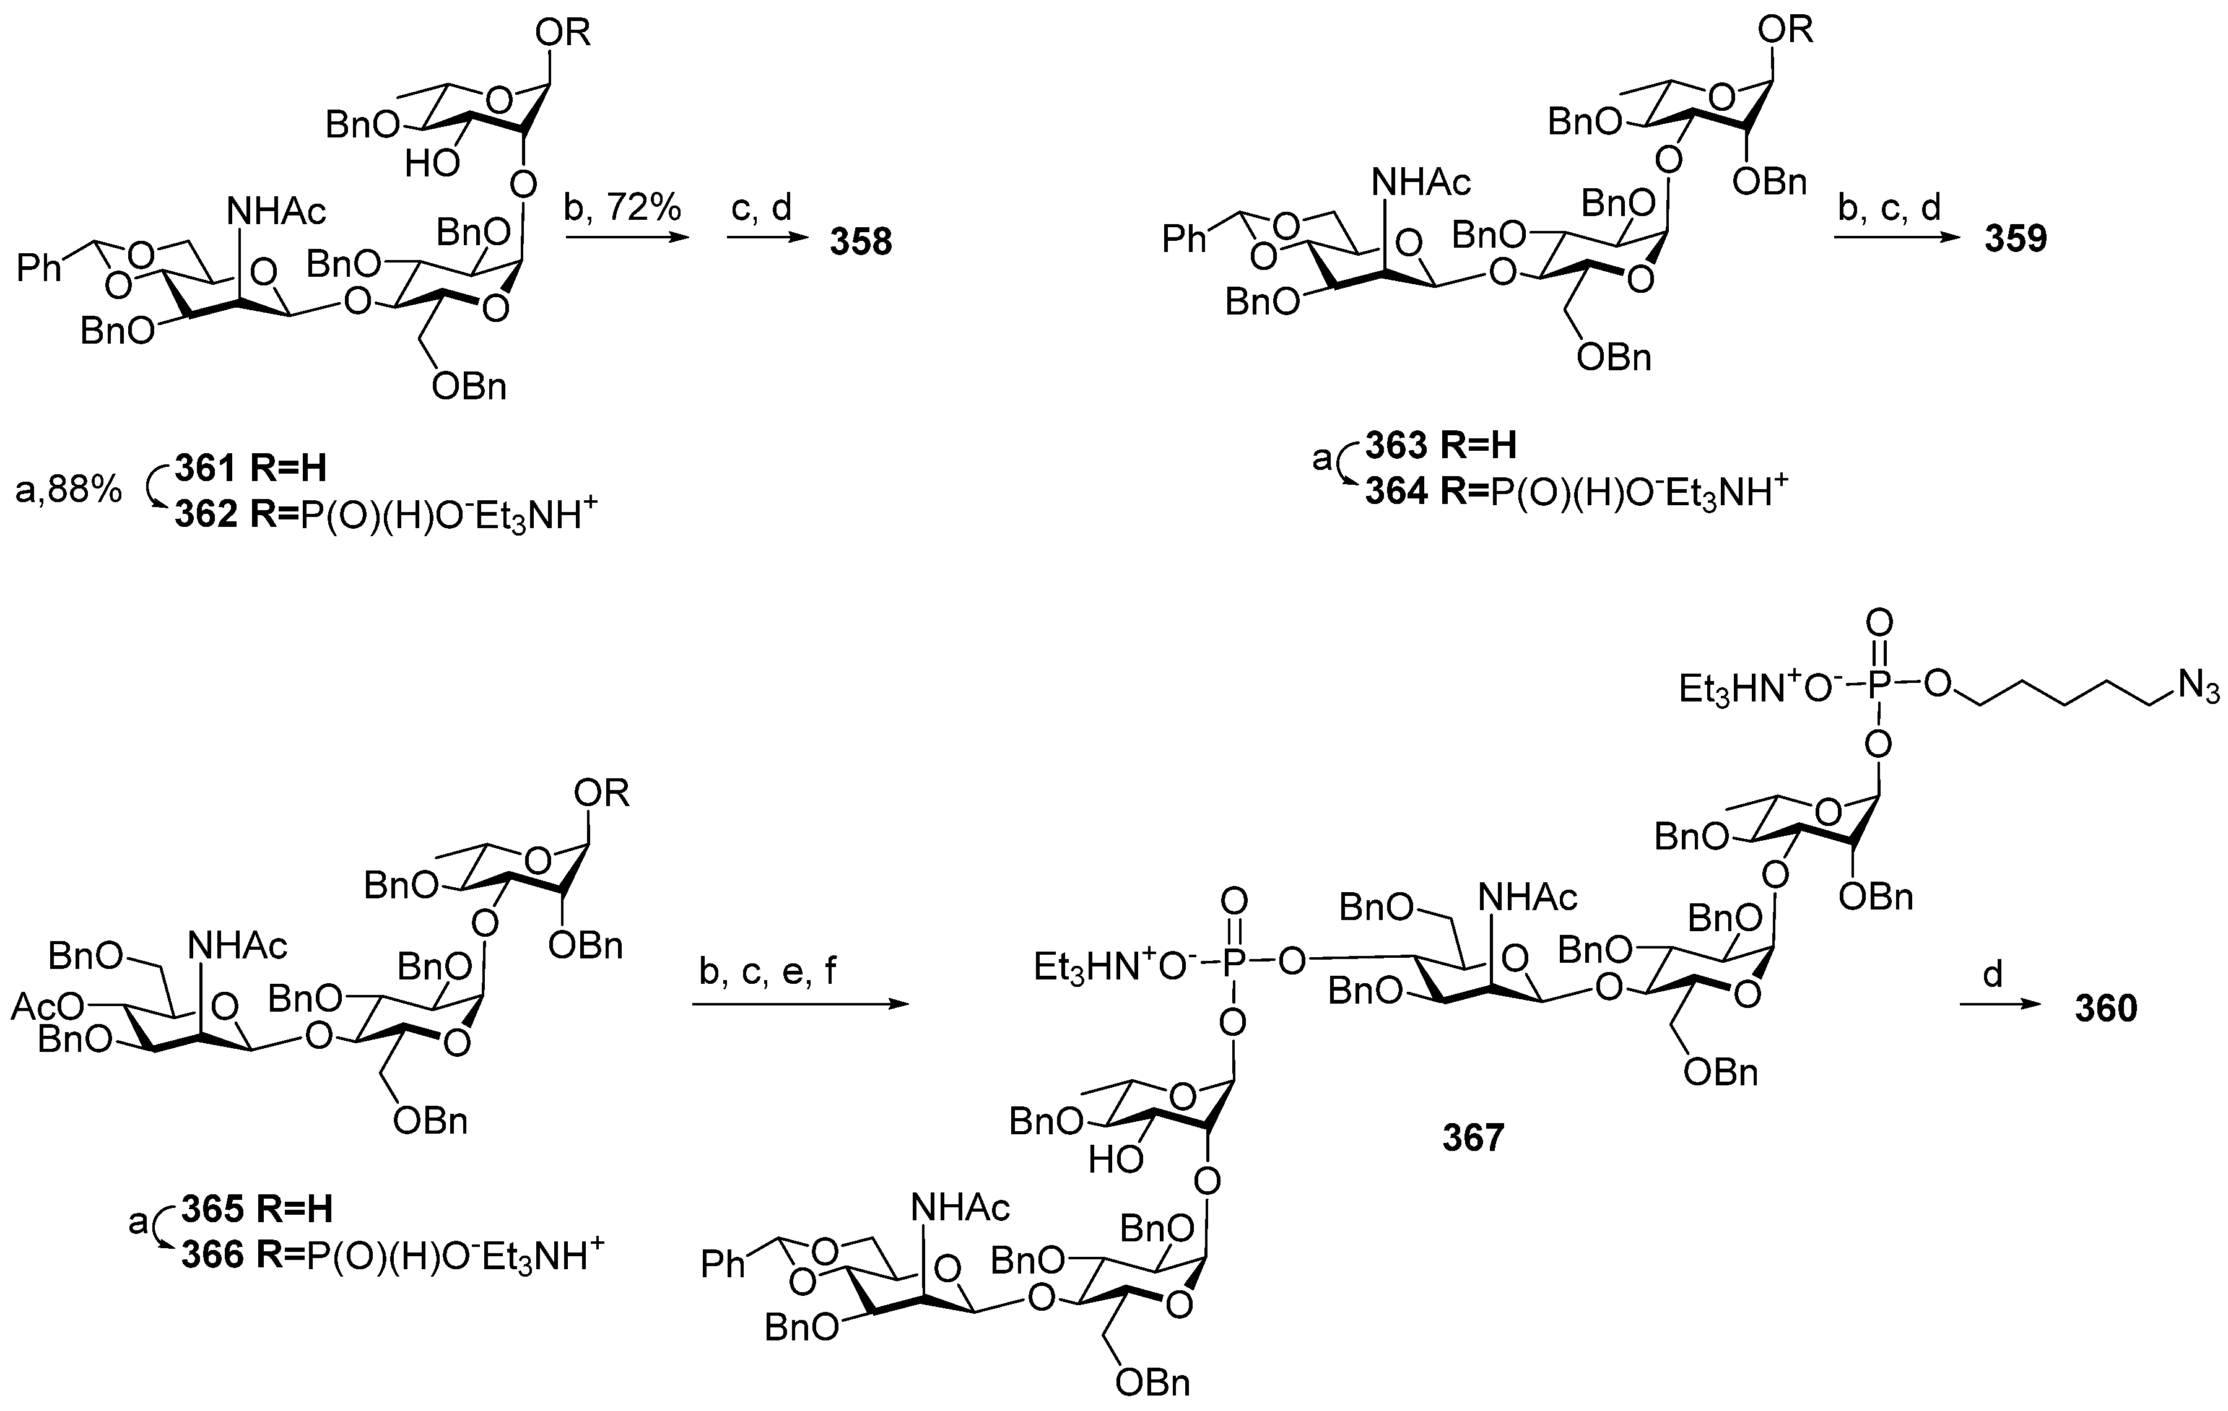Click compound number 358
click(861, 243)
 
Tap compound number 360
click(2106, 1007)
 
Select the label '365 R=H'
click(256, 1209)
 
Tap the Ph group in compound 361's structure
click(40, 269)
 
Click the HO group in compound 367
click(1115, 1160)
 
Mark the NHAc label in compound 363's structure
click(1421, 183)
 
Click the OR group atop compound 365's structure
click(601, 793)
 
